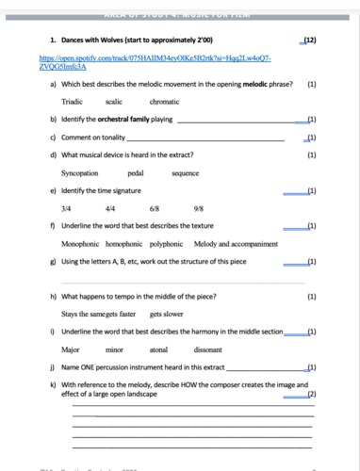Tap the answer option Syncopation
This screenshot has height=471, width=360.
click(x=81, y=172)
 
